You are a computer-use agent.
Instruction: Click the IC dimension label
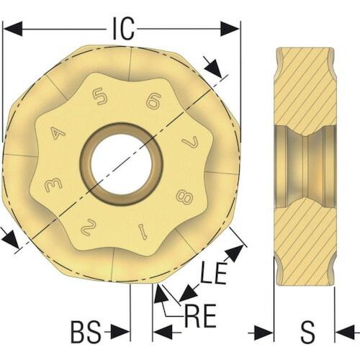point(123,29)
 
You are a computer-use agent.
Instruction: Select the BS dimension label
point(86,333)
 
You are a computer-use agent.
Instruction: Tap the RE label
point(200,317)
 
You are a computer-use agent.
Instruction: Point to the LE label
point(214,273)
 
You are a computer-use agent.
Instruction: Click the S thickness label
point(307,333)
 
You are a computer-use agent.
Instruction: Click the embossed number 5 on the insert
point(100,96)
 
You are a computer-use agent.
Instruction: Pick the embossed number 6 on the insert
point(153,101)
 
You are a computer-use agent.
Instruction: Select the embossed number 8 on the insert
point(184,196)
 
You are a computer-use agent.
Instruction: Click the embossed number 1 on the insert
point(143,231)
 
